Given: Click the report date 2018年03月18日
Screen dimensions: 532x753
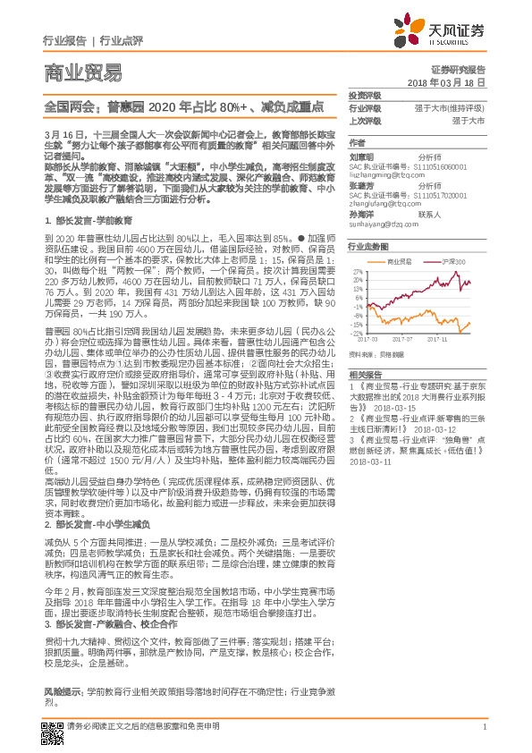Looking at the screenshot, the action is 452,81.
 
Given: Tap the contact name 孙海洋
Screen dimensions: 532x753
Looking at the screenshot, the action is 360,215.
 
